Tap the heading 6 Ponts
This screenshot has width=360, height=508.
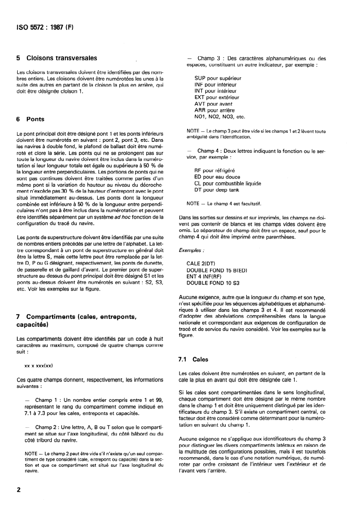(x=30, y=120)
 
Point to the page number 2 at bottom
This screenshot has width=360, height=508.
(x=19, y=490)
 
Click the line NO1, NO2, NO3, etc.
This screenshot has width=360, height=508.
(x=219, y=116)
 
